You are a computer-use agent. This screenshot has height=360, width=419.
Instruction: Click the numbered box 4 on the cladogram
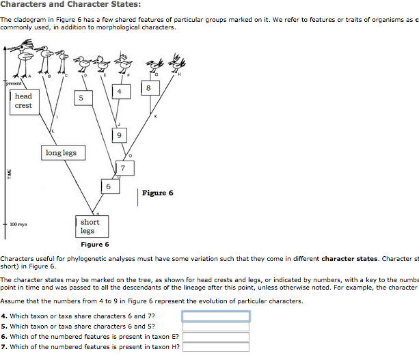120,91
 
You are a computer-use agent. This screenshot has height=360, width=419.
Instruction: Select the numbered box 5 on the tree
81,98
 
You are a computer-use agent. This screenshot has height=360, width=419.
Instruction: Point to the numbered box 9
120,135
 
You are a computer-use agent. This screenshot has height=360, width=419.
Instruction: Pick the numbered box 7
123,167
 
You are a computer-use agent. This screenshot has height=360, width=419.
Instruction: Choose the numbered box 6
108,186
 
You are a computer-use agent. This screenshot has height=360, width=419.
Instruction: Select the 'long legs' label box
61,153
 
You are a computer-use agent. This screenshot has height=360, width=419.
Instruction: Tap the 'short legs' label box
90,226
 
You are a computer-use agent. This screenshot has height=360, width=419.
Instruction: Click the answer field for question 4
215,316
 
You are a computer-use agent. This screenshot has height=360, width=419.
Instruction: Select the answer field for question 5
215,326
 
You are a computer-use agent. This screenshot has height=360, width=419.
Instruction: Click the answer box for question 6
215,336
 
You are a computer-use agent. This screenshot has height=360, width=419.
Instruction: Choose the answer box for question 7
215,346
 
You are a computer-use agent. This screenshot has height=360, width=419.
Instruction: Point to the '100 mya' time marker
18,224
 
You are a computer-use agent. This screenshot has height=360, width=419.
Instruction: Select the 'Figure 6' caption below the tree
94,245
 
